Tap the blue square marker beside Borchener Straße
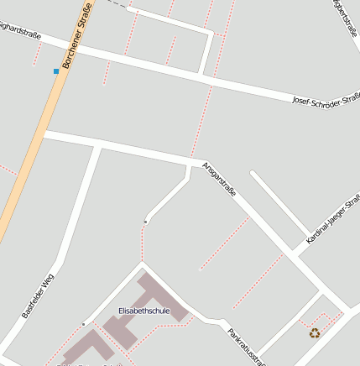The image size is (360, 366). coord(56,71)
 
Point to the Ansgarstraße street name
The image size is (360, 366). coord(220,180)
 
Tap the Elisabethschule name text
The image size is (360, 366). coord(144,311)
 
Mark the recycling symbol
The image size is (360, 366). coord(315,332)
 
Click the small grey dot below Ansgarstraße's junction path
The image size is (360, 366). coord(146,222)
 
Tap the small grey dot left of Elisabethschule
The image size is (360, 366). coord(84,324)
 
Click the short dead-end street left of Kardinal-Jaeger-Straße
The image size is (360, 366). coord(277,202)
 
